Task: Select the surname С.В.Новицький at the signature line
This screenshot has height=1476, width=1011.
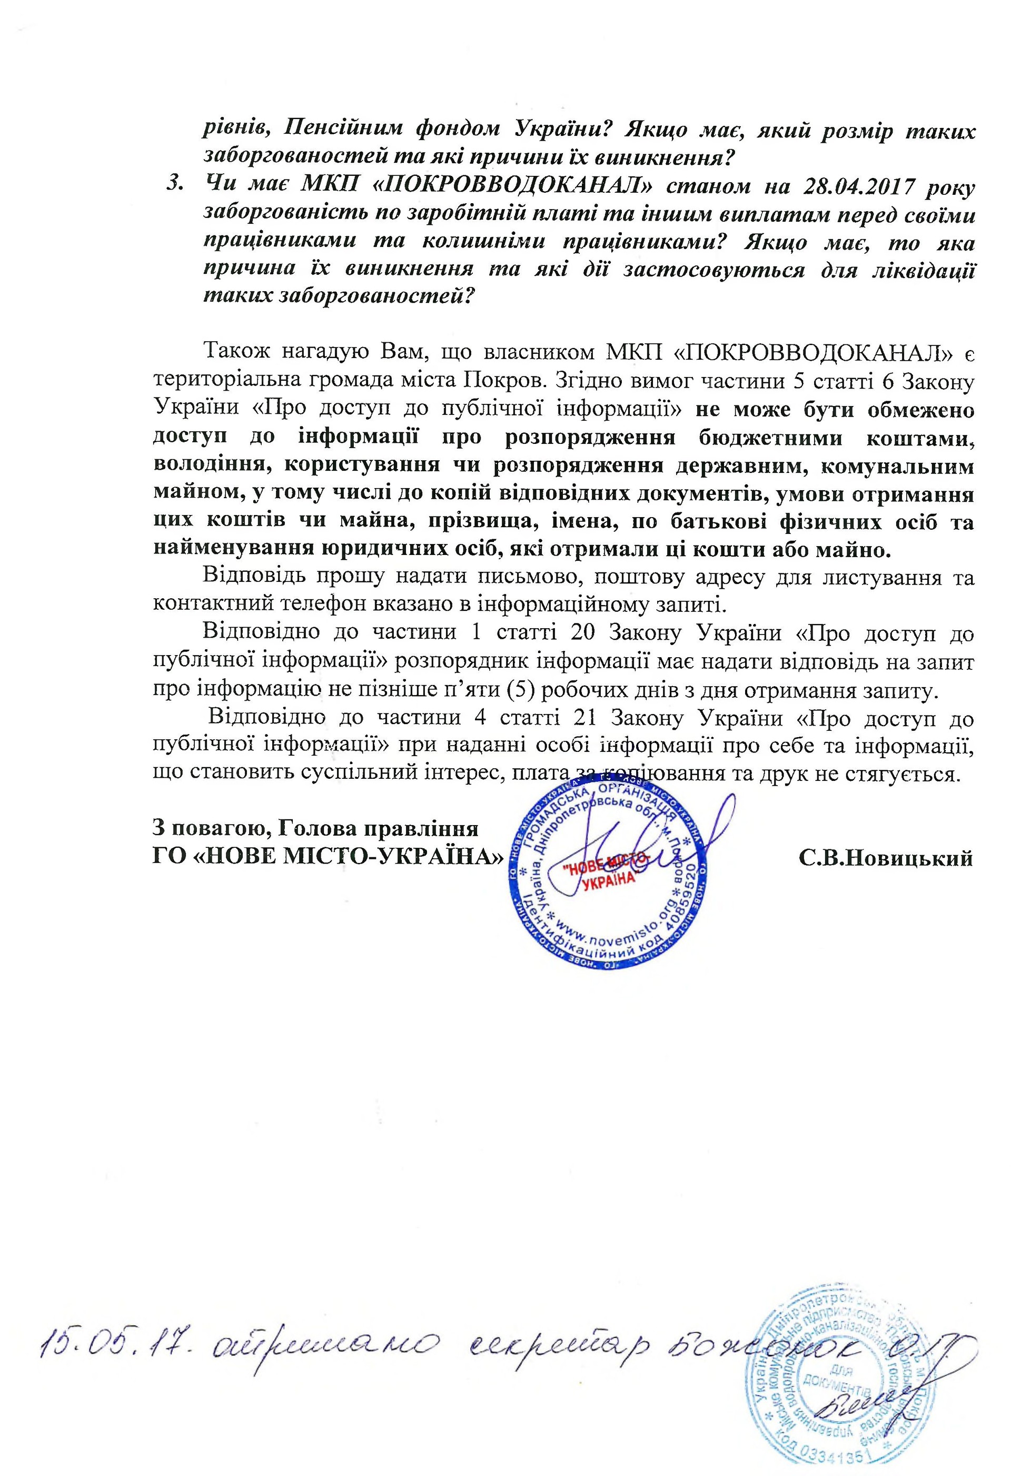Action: point(885,858)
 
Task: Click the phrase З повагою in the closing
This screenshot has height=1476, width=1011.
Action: point(206,829)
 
